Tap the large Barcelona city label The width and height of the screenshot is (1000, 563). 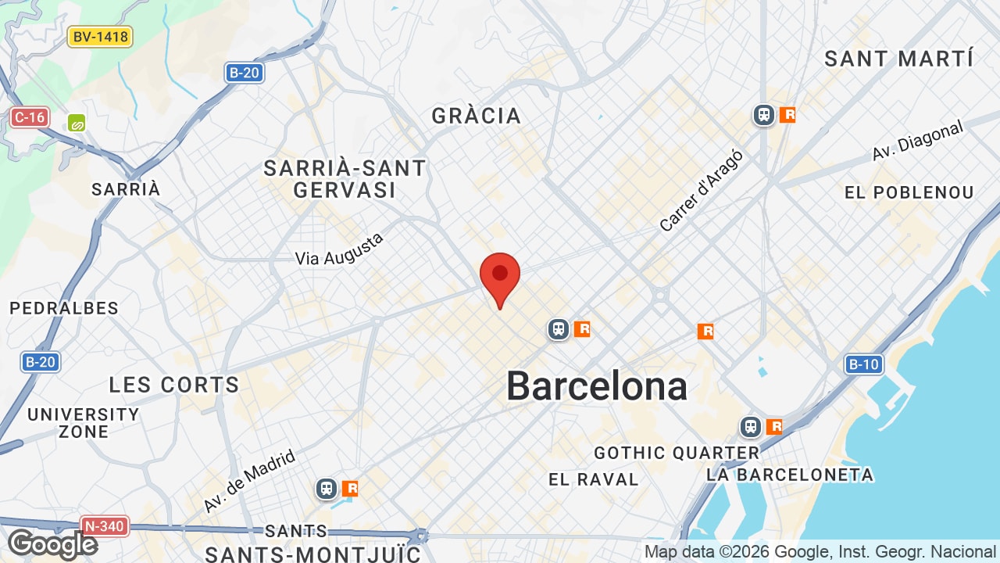pos(597,386)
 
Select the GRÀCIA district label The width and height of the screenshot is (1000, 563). pos(476,116)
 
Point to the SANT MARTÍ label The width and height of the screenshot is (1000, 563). pos(899,59)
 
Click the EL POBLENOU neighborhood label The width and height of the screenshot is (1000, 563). pos(909,192)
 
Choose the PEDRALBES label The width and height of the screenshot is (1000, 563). pos(64,308)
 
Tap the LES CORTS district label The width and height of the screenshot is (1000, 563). pos(174,385)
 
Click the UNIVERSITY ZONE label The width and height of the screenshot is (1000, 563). pos(83,423)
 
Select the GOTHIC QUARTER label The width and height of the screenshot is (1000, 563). pos(677,453)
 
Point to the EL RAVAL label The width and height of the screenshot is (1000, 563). pos(594,479)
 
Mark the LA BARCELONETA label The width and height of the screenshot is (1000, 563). pos(790,475)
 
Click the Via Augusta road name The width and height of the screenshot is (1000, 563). pos(340,249)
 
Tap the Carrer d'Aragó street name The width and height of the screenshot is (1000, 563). pos(701,191)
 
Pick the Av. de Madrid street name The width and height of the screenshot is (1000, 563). pos(249,481)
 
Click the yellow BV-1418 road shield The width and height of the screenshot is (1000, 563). pos(100,37)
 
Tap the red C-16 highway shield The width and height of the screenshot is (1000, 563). pos(30,118)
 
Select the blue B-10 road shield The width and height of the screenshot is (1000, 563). pos(863,364)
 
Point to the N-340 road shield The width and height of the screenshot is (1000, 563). pos(104,526)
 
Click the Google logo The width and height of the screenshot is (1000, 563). pos(52,544)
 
